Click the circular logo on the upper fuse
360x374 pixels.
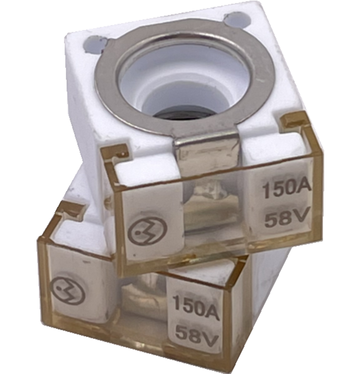[x=147, y=232]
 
